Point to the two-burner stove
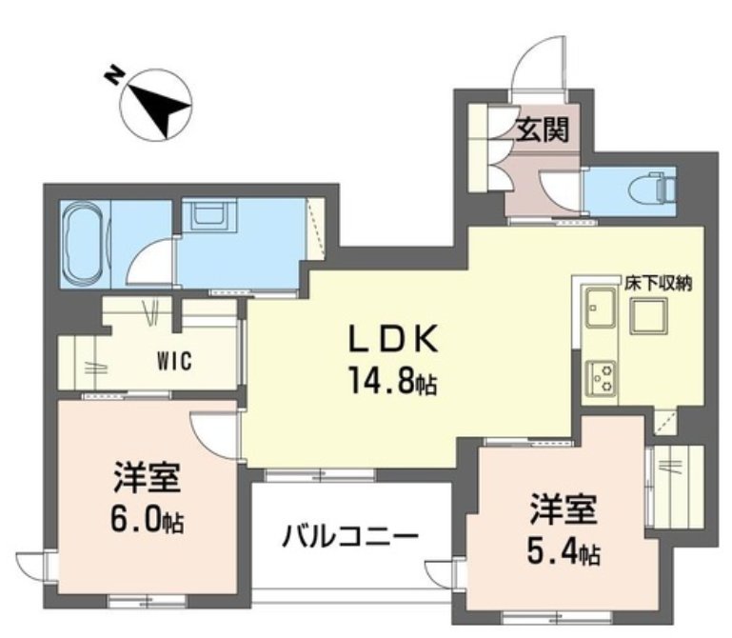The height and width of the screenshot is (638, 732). coord(601,377)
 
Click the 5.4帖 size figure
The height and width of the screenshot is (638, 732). coord(564,551)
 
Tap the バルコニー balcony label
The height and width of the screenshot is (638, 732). coord(349,536)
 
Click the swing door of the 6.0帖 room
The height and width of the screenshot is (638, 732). coord(213,433)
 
